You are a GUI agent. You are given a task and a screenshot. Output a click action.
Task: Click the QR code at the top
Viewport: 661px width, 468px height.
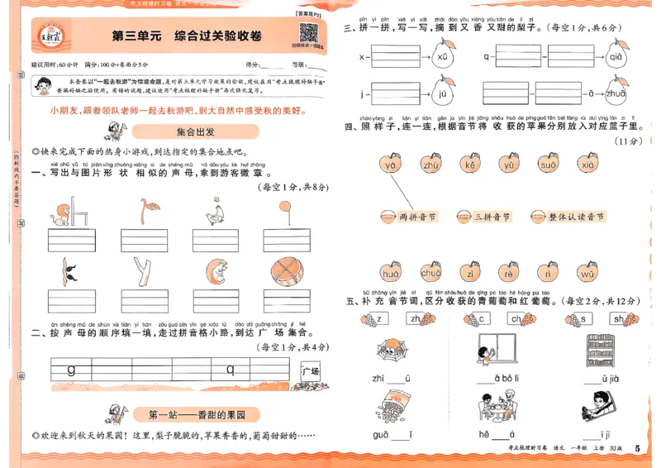click(309, 33)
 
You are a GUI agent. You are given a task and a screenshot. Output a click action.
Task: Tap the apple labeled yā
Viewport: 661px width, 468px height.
click(391, 165)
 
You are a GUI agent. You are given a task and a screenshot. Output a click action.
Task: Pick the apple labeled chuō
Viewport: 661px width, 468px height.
click(430, 273)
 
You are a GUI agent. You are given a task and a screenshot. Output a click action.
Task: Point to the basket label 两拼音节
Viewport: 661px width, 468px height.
click(408, 217)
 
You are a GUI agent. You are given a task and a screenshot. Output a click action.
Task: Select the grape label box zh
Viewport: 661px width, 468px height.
click(415, 319)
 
